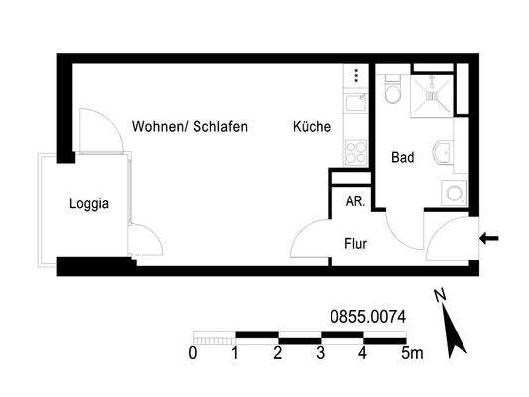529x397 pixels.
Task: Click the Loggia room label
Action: pyautogui.click(x=88, y=205)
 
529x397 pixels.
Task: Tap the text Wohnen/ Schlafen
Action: pyautogui.click(x=189, y=127)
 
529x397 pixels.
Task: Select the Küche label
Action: pyautogui.click(x=312, y=127)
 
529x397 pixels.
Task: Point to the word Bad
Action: pyautogui.click(x=402, y=157)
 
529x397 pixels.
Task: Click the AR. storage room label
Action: pyautogui.click(x=354, y=200)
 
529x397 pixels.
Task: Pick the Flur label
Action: pyautogui.click(x=357, y=242)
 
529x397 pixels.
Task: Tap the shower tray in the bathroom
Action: pyautogui.click(x=432, y=94)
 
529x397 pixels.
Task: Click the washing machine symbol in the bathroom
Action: pyautogui.click(x=456, y=192)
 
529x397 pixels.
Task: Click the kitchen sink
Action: pyautogui.click(x=353, y=104)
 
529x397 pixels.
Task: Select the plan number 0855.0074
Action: pyautogui.click(x=368, y=317)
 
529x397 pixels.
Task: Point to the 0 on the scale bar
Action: pyautogui.click(x=192, y=353)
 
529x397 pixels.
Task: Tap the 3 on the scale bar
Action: pyautogui.click(x=321, y=353)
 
